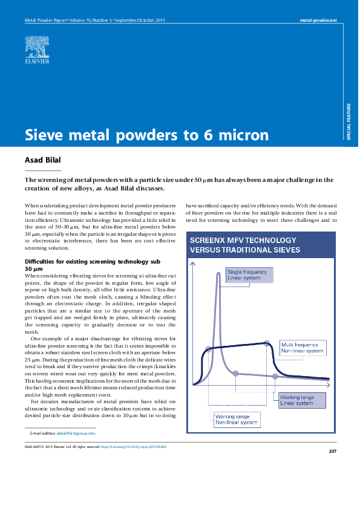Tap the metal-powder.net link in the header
point(319,21)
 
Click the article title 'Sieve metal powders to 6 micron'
point(146,135)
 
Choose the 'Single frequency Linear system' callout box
point(249,276)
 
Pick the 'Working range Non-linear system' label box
point(237,419)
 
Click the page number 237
point(332,452)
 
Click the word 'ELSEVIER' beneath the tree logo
point(37,62)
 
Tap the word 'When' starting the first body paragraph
point(31,206)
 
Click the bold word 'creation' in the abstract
point(39,189)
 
